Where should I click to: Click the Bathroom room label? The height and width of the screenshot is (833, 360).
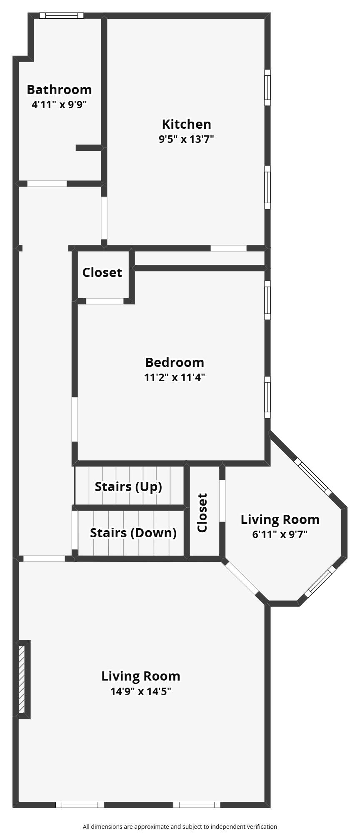coord(59,90)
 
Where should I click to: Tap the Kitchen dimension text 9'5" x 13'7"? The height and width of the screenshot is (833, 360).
coord(186,139)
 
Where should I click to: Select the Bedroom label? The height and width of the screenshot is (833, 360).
coord(175,362)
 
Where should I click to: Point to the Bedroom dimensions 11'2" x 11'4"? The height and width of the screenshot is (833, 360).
coord(175,378)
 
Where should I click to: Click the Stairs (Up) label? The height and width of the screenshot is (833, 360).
coord(128,486)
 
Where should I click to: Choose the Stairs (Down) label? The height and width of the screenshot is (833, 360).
coord(133,533)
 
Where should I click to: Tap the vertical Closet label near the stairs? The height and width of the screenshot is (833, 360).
coord(202,513)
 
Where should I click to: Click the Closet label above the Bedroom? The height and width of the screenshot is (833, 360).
coord(102,272)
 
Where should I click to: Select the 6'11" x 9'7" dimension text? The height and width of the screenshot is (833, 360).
coord(280,534)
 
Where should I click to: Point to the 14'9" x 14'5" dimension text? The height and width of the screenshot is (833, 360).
coord(141,692)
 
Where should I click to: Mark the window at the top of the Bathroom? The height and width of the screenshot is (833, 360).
coord(61,15)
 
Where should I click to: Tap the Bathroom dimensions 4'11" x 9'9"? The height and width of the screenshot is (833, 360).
coord(59,105)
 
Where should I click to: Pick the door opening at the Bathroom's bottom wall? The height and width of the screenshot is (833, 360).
coord(47,183)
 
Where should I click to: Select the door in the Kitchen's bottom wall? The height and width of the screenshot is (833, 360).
coord(228,248)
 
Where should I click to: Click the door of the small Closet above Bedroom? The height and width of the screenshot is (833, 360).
coord(105,301)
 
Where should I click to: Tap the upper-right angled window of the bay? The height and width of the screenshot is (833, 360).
coord(313,477)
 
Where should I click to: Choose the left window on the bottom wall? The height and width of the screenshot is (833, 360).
coord(80,805)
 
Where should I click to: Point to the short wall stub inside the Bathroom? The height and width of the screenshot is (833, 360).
coord(89,147)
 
